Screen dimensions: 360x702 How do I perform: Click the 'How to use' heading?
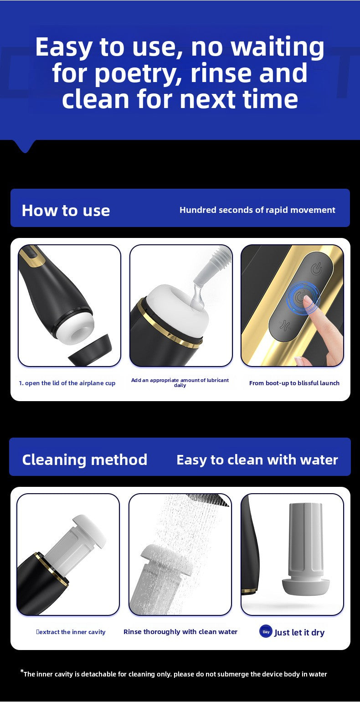coord(66,210)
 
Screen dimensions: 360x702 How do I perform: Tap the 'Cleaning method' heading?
coord(85,460)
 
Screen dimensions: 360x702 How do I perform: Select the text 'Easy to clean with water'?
coord(257,460)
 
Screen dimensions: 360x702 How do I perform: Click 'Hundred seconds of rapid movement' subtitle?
coord(257,210)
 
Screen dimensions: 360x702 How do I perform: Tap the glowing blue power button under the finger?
coord(300,297)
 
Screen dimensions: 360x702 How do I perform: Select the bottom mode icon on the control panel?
coord(286,325)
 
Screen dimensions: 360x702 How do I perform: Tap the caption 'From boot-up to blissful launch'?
coord(294,383)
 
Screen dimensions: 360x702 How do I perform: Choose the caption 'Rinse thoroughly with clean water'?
coord(180,632)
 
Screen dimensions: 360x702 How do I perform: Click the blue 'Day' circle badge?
coord(266,631)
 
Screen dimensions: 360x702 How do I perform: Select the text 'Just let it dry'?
coord(299,632)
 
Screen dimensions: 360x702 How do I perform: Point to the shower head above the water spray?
coord(208,499)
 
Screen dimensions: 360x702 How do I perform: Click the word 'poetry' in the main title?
coord(139,73)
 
